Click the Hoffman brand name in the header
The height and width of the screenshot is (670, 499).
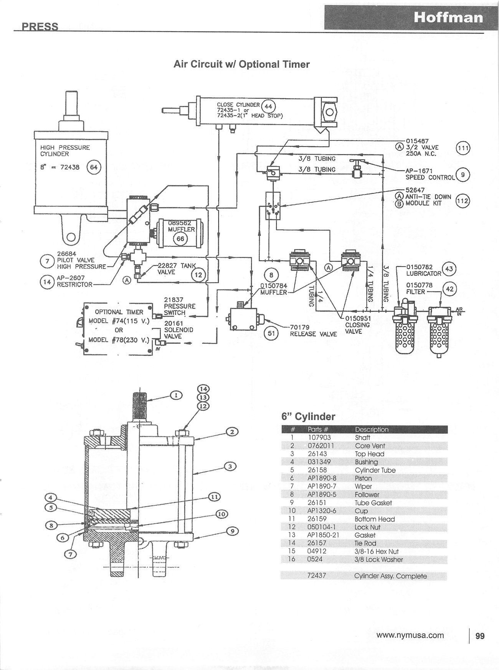(x=448, y=18)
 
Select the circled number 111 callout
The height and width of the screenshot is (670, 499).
(x=463, y=148)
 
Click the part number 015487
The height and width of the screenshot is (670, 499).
(x=417, y=141)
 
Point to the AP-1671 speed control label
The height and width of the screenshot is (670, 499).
(x=419, y=171)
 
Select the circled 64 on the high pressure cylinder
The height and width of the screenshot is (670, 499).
(x=94, y=167)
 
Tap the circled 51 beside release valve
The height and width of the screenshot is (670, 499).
(x=271, y=333)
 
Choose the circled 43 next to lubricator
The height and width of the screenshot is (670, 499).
(x=449, y=269)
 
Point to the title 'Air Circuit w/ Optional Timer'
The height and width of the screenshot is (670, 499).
(x=241, y=64)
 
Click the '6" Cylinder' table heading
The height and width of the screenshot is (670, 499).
(x=308, y=417)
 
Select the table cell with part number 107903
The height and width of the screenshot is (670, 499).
(x=320, y=437)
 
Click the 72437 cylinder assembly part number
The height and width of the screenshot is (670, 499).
(x=317, y=576)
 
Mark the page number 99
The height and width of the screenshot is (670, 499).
(x=480, y=636)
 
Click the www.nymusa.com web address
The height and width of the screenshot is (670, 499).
(x=410, y=635)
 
